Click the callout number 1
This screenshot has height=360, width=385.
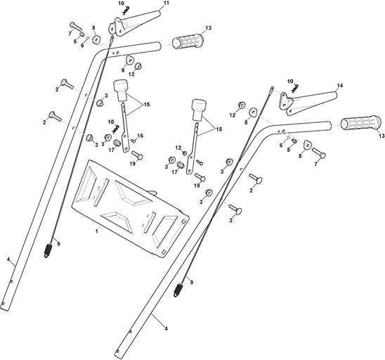[x=97, y=231]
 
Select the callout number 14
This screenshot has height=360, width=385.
[x=340, y=86]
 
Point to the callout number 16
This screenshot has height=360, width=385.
[x=141, y=136]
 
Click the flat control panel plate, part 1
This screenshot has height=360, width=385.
[x=130, y=209]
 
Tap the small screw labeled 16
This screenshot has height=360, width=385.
[x=133, y=141]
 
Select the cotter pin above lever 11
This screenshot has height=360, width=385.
[x=126, y=8]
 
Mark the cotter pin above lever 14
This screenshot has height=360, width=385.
[x=295, y=89]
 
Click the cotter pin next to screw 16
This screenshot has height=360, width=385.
[x=116, y=129]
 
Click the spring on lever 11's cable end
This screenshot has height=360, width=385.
[x=49, y=250]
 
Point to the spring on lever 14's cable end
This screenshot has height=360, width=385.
[x=178, y=290]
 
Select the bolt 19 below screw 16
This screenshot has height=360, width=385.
[x=137, y=155]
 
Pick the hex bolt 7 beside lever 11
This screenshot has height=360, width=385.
[x=76, y=27]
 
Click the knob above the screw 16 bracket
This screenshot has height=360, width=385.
[x=119, y=90]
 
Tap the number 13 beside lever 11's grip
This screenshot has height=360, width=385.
[x=208, y=27]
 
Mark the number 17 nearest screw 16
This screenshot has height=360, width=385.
[x=112, y=149]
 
